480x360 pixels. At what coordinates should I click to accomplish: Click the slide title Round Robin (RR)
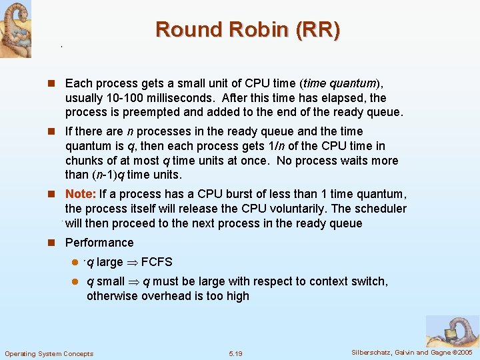coord(247,30)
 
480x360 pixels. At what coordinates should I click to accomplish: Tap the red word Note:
coord(81,194)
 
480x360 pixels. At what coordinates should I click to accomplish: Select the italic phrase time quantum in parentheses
coord(340,83)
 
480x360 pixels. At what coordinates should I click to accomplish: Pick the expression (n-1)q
coord(109,175)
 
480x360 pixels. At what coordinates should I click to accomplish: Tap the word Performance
coord(99,243)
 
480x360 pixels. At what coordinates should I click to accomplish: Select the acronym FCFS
coord(157,262)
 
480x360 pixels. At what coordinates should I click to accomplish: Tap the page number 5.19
coord(235,353)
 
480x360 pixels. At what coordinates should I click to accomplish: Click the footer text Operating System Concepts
coord(49,353)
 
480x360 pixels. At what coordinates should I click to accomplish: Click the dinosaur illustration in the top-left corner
coord(15,29)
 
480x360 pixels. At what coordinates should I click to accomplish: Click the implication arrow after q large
coord(132,262)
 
